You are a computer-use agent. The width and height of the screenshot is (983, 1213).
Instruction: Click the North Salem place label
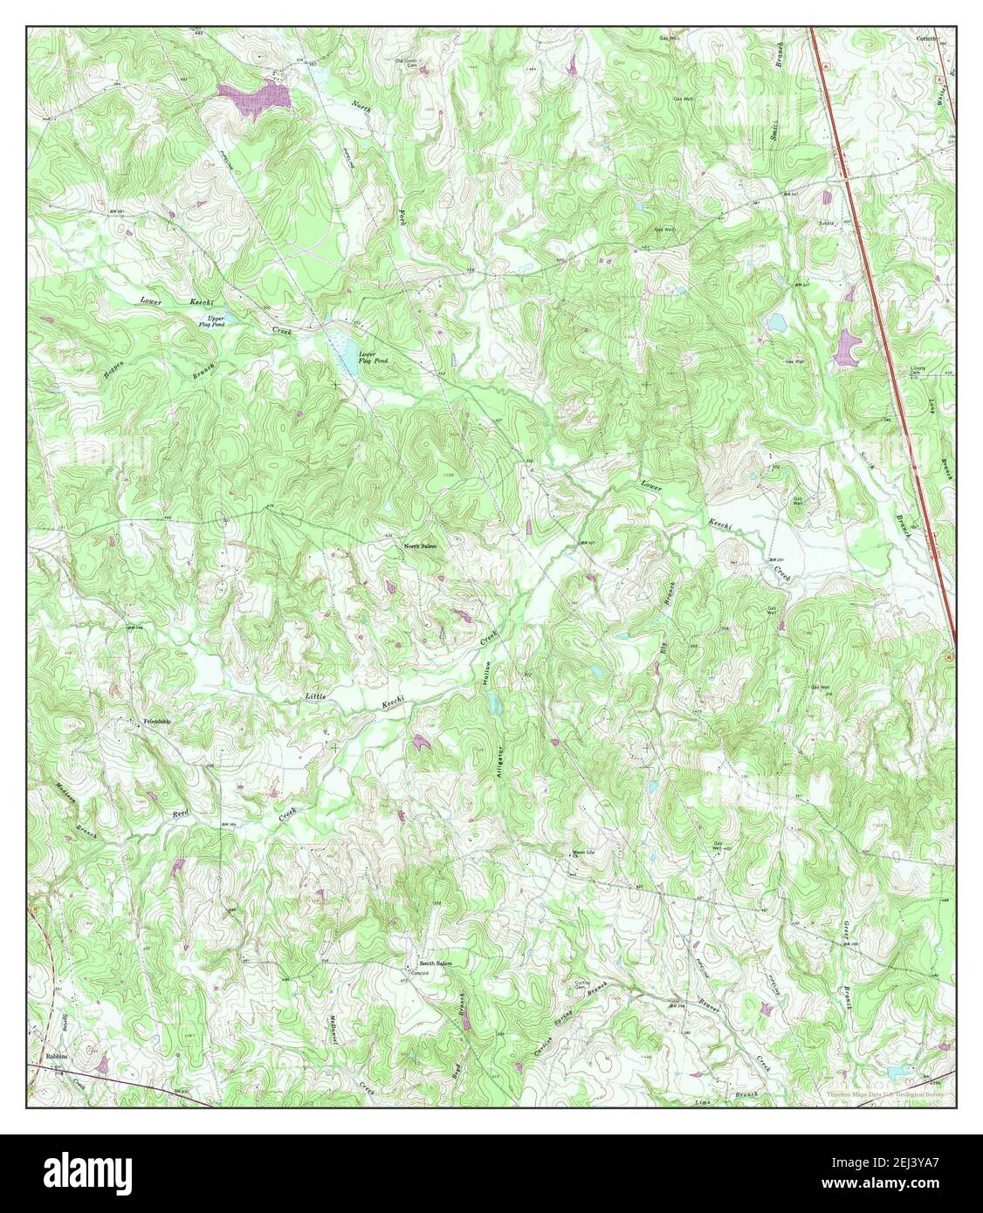420,545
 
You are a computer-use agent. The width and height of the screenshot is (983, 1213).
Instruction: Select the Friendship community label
157,722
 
